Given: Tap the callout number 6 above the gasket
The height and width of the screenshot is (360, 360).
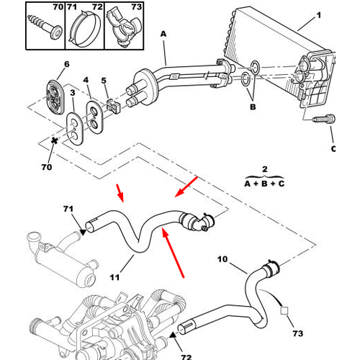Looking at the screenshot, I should tap(67, 64).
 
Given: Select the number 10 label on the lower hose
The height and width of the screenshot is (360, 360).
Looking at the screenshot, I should tap(222, 258).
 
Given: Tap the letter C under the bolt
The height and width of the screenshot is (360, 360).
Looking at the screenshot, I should tap(333, 149).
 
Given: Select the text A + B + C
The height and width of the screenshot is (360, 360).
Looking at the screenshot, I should tap(264, 184).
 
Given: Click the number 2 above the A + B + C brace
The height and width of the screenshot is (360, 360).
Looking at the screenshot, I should tap(264, 170).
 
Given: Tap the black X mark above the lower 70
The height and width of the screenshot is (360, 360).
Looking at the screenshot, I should tap(54, 140).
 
